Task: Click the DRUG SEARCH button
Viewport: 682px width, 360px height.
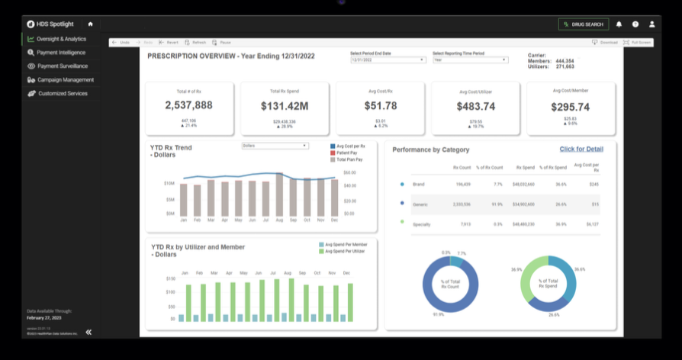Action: point(584,24)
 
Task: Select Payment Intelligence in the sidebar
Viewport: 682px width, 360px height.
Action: point(61,53)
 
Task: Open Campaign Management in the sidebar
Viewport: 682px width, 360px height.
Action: point(65,80)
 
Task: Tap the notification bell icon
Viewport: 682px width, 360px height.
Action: point(619,24)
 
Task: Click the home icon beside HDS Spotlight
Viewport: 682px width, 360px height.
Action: point(90,24)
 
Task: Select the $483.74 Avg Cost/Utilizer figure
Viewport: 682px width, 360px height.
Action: point(475,107)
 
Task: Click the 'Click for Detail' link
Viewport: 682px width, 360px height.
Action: point(581,149)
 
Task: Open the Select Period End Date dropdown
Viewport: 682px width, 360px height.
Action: point(388,59)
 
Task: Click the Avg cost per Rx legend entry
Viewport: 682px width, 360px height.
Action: point(351,146)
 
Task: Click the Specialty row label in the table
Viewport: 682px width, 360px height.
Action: point(423,224)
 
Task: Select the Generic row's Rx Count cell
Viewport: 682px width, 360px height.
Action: point(462,204)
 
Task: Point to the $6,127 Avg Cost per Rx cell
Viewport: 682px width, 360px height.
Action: point(594,224)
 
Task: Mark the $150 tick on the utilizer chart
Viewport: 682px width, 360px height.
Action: point(171,278)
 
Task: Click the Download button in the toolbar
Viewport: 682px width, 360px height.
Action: point(605,43)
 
